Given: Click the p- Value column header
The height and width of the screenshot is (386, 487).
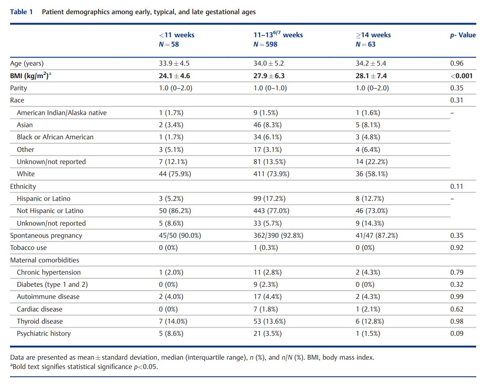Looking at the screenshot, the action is (463, 35).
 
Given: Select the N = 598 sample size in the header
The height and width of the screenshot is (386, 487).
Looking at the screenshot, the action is (265, 44).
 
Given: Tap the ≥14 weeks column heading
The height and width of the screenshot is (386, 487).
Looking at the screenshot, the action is (373, 35).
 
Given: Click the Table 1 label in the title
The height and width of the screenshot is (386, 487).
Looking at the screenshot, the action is (21, 12).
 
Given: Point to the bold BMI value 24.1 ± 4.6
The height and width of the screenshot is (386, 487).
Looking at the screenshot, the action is (174, 76).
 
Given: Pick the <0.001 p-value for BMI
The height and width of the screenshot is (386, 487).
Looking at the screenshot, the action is (461, 76).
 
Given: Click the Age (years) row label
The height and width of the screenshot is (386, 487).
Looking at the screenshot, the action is (27, 63).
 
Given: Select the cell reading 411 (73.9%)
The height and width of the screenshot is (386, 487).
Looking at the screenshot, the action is (271, 174).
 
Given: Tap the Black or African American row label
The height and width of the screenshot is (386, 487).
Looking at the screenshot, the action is (55, 137).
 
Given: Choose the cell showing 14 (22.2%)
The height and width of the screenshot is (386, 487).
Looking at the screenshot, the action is (372, 162).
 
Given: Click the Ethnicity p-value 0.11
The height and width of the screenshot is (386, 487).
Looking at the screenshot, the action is (457, 186).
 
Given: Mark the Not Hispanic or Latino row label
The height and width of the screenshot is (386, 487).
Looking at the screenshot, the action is (50, 211).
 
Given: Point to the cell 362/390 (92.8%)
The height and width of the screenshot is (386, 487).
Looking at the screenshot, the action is (278, 236).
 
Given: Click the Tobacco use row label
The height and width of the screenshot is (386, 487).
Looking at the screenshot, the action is (28, 248).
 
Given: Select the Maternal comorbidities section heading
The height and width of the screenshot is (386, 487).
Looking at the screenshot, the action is (45, 260).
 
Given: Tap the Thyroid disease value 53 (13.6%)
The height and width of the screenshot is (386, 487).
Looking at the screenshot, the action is (269, 322).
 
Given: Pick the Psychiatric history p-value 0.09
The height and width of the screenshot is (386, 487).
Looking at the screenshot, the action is (457, 333).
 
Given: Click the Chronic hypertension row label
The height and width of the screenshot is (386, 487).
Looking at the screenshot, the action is (49, 273).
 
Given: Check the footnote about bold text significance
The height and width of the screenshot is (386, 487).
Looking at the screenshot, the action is (84, 367).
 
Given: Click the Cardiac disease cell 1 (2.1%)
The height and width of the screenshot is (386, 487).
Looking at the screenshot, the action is (368, 309).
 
